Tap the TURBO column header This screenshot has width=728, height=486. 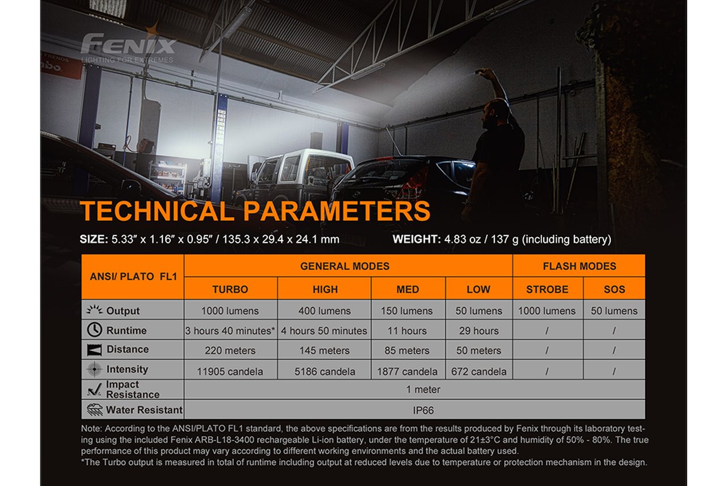(230, 289)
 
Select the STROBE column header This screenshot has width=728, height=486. (548, 289)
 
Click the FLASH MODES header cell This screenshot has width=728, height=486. (579, 266)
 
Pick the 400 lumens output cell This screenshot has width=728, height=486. (324, 311)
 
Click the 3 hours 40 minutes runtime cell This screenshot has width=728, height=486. (230, 331)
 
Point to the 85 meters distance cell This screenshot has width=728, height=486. (407, 350)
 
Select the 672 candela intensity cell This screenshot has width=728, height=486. (479, 371)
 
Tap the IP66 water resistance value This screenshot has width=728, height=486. (423, 410)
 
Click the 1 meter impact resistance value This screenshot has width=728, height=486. (423, 389)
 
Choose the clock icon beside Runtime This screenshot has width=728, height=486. (94, 330)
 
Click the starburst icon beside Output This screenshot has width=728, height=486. (94, 310)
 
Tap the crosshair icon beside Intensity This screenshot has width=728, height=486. (94, 369)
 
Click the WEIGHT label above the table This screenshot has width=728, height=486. (417, 239)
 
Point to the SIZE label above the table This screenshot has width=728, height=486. (94, 239)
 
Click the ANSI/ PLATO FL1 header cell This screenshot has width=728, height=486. (133, 277)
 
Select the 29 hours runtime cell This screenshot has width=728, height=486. (479, 331)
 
